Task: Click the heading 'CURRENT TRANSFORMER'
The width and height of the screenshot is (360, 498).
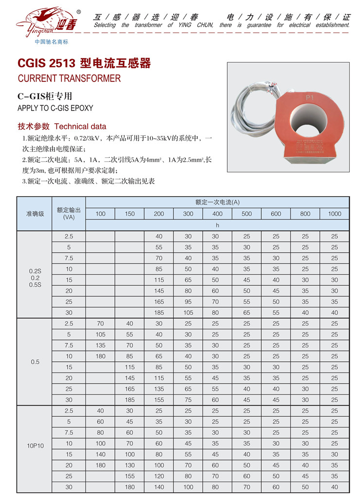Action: pos(69,78)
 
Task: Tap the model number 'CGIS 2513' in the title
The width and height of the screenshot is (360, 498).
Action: pos(46,63)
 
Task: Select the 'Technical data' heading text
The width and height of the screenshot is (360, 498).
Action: pos(80,127)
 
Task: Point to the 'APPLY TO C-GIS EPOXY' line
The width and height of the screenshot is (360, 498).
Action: pos(55,108)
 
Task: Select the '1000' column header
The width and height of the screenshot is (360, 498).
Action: pos(334,214)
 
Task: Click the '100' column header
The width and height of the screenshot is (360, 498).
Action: pos(100,214)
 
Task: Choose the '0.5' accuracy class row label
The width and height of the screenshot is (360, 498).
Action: pos(35,362)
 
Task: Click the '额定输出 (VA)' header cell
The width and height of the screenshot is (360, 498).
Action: pos(69,214)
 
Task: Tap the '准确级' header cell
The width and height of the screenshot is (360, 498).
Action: pos(35,214)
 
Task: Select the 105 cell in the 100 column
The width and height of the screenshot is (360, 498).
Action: pos(100,334)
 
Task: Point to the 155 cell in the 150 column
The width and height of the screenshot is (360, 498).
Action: pos(129,476)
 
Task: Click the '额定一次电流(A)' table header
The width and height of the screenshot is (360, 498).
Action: pos(217,202)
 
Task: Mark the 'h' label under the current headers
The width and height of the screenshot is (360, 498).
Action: pos(217,225)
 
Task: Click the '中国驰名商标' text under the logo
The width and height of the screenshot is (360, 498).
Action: pos(52,42)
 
